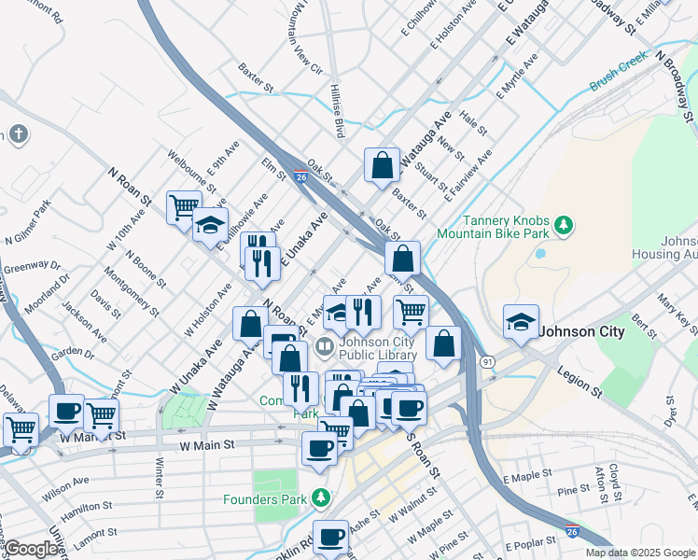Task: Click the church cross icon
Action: [19, 134]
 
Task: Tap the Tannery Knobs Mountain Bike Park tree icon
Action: [563, 225]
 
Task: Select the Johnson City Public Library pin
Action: [324, 347]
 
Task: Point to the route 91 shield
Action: [487, 361]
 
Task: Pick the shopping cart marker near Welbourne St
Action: [184, 206]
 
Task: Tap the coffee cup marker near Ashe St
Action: [330, 537]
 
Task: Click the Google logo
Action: [30, 550]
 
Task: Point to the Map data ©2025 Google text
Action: [639, 553]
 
